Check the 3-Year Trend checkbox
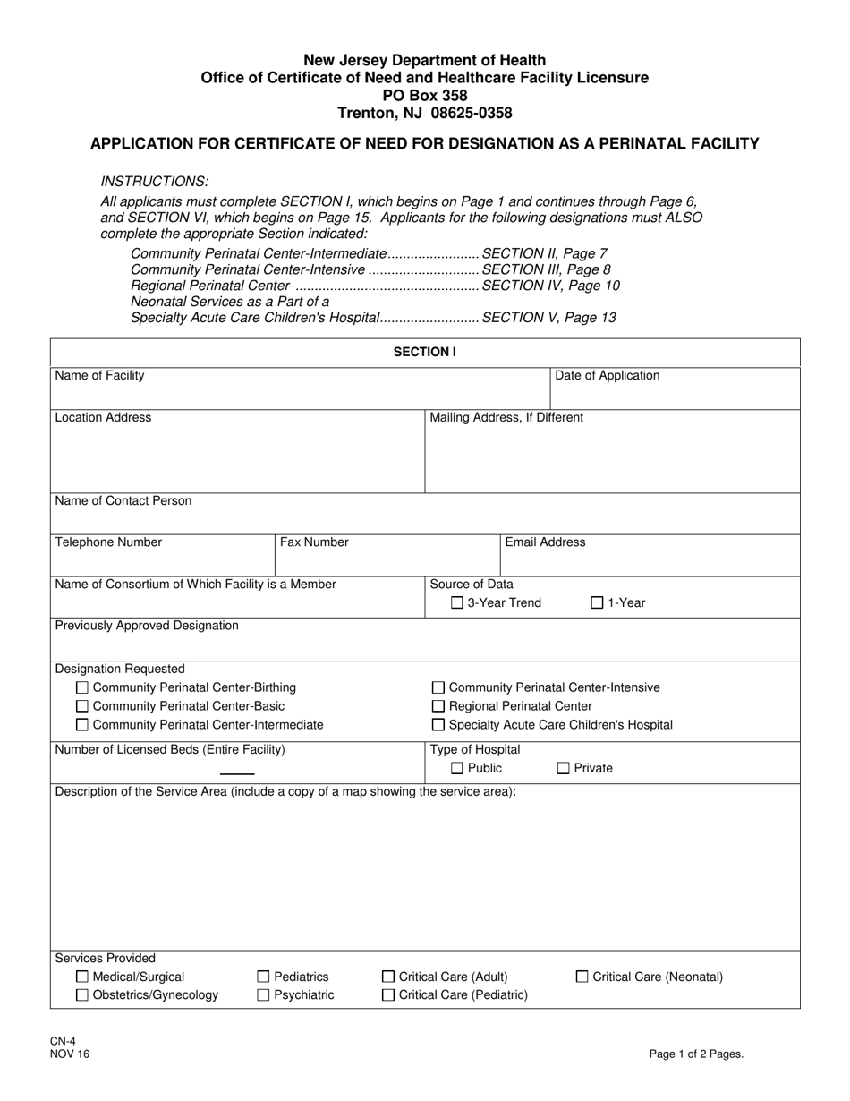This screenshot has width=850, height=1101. (x=457, y=603)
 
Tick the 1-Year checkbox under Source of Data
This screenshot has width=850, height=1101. (x=598, y=603)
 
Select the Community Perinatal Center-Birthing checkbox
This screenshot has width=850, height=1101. (x=82, y=687)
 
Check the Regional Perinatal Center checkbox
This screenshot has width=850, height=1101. (x=438, y=706)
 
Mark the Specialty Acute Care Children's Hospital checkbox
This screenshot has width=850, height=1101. (x=438, y=725)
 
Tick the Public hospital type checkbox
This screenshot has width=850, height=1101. (x=457, y=768)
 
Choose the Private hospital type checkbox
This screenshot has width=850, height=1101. (x=564, y=768)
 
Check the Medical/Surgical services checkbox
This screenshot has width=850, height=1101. (x=82, y=977)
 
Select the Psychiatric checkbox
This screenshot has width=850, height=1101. (x=264, y=994)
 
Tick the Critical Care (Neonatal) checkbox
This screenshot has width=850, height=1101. (x=582, y=977)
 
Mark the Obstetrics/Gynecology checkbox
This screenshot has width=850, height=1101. (x=82, y=994)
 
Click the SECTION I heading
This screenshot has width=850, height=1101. (x=425, y=353)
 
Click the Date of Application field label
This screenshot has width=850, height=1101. (x=608, y=376)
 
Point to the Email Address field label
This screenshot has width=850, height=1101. (x=546, y=542)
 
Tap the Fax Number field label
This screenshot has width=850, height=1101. (x=314, y=542)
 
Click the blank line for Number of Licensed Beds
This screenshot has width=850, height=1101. (x=237, y=772)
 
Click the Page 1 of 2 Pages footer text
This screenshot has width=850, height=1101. (x=696, y=1054)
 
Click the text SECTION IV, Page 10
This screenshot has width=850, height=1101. (x=550, y=286)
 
